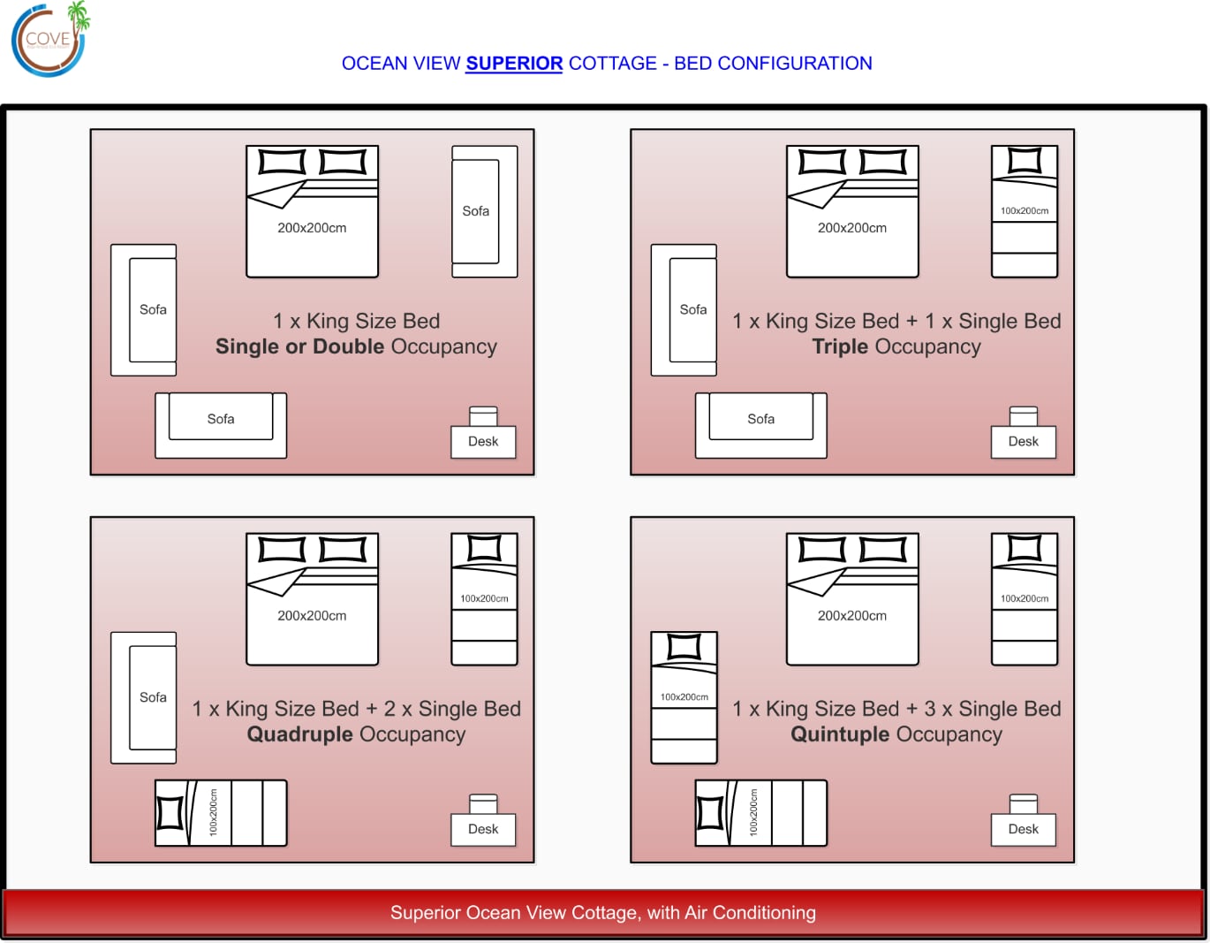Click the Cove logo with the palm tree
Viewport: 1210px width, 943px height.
tap(49, 39)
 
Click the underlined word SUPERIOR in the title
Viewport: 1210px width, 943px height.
tap(514, 64)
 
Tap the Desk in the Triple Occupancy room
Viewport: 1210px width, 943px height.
tap(1023, 441)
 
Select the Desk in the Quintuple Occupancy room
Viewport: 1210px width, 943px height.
tap(1023, 829)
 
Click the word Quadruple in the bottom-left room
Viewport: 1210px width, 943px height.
tap(300, 734)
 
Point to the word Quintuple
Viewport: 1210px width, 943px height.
tap(839, 734)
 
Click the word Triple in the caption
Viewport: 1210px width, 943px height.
tap(840, 346)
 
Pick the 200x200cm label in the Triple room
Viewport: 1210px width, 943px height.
tap(851, 228)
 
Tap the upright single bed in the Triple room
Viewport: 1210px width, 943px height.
tap(1025, 212)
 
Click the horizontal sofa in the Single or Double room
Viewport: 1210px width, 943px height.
tap(221, 425)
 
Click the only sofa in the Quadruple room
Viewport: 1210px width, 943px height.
tap(144, 697)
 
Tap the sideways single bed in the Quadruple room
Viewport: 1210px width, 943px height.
tap(221, 813)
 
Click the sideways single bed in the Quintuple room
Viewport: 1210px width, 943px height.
tap(760, 813)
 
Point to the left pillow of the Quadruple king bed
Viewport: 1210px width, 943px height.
tap(282, 550)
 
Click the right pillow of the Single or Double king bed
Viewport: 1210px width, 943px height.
tap(343, 162)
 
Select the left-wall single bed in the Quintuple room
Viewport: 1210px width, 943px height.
tap(684, 697)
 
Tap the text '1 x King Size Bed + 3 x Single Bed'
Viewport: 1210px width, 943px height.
tap(896, 709)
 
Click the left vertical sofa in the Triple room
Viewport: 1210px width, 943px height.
tap(684, 310)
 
